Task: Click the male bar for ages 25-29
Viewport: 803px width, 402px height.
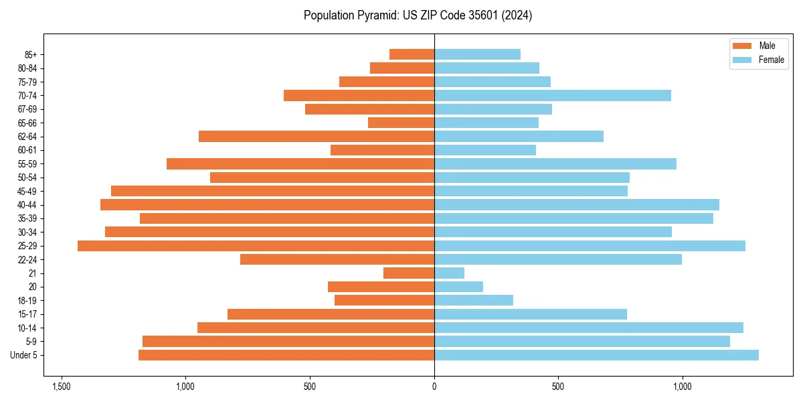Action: (x=256, y=246)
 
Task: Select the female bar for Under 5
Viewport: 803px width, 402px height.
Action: (x=596, y=355)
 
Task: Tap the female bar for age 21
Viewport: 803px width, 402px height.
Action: (x=449, y=273)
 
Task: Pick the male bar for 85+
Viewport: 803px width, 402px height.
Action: (x=412, y=54)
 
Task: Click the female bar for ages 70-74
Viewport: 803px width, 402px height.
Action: (x=553, y=96)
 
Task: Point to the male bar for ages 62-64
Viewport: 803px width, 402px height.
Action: (x=317, y=137)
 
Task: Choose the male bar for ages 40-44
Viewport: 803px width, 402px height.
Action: (x=267, y=205)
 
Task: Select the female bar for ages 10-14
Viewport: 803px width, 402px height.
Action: (x=589, y=328)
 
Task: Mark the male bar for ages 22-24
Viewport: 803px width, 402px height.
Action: (x=337, y=259)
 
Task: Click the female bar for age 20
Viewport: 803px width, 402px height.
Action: (x=458, y=287)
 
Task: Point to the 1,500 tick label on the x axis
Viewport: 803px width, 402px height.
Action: (x=62, y=387)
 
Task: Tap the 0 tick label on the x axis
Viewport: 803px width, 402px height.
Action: (x=434, y=387)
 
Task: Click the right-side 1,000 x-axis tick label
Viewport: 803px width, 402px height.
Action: (x=683, y=387)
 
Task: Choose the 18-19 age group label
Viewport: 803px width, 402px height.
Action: (x=27, y=301)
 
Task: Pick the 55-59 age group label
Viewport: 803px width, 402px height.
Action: (x=27, y=164)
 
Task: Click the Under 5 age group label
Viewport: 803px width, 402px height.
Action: (x=24, y=355)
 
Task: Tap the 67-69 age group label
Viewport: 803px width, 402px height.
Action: (x=27, y=109)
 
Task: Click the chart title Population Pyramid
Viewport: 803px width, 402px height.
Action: (x=418, y=15)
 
